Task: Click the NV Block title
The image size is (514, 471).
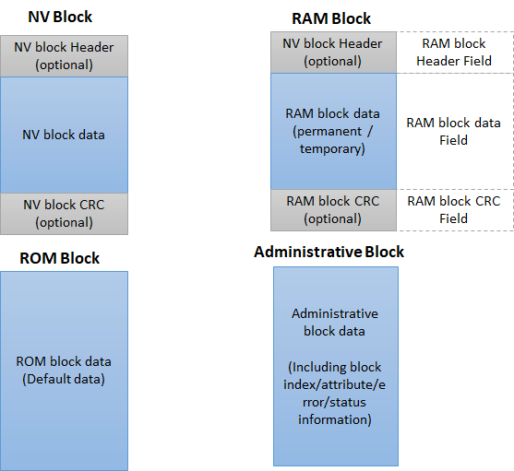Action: point(60,17)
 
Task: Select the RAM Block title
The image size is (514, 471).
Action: point(330,18)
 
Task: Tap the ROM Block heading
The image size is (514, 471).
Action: point(60,258)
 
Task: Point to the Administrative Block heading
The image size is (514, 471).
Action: point(329,252)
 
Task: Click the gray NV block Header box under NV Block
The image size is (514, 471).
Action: point(64,55)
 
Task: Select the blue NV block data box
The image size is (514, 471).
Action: point(64,135)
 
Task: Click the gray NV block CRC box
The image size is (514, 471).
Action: point(64,213)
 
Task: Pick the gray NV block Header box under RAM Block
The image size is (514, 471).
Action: point(333,52)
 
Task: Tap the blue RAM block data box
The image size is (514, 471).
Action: point(333,131)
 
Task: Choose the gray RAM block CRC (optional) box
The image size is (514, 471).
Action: point(333,209)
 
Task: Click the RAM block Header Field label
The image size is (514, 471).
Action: point(454,52)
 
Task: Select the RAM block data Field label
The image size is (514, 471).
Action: point(454,131)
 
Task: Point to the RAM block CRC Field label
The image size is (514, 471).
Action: point(454,209)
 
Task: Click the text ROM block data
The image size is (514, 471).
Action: point(64,362)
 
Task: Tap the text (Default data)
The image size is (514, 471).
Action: point(64,379)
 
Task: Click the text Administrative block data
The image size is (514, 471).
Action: point(335,322)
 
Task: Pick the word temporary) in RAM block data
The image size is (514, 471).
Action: point(332,147)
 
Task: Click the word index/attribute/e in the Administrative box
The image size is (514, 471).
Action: point(335,386)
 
